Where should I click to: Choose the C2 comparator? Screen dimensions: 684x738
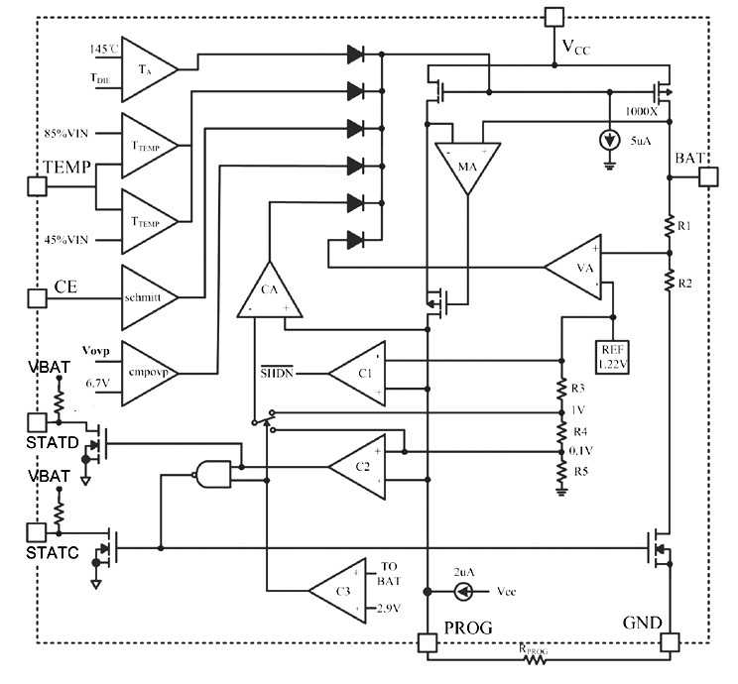coord(358,466)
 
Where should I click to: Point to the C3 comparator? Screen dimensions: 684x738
coord(341,592)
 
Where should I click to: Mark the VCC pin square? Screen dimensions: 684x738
coord(554,17)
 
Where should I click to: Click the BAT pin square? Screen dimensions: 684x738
coord(710,177)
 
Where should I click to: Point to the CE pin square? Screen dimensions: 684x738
coord(37,296)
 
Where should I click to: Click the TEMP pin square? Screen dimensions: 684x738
coord(37,185)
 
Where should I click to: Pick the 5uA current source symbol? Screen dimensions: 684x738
coord(608,139)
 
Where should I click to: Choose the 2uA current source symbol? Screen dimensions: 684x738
coord(461,592)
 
